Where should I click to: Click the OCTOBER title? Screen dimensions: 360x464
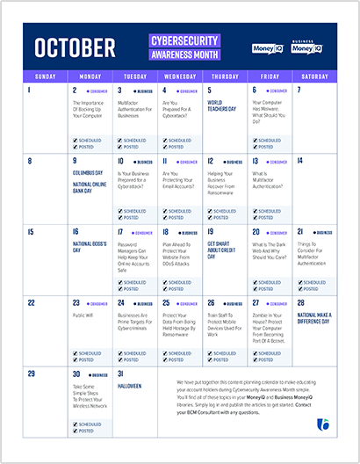(x=75, y=46)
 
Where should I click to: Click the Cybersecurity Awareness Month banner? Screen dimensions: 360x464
(x=183, y=46)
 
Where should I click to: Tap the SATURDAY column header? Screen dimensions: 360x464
(x=315, y=76)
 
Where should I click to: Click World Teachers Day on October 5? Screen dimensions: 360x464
(x=221, y=106)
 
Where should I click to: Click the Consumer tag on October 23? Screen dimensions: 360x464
(x=96, y=302)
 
